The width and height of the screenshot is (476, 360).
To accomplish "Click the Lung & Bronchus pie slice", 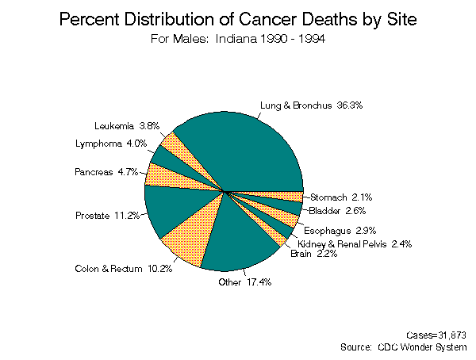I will (x=242, y=147).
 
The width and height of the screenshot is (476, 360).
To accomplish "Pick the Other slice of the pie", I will (x=239, y=237).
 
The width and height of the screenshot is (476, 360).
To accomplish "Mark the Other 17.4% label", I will (x=245, y=282).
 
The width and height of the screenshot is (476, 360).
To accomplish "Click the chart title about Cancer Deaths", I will (x=237, y=20).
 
